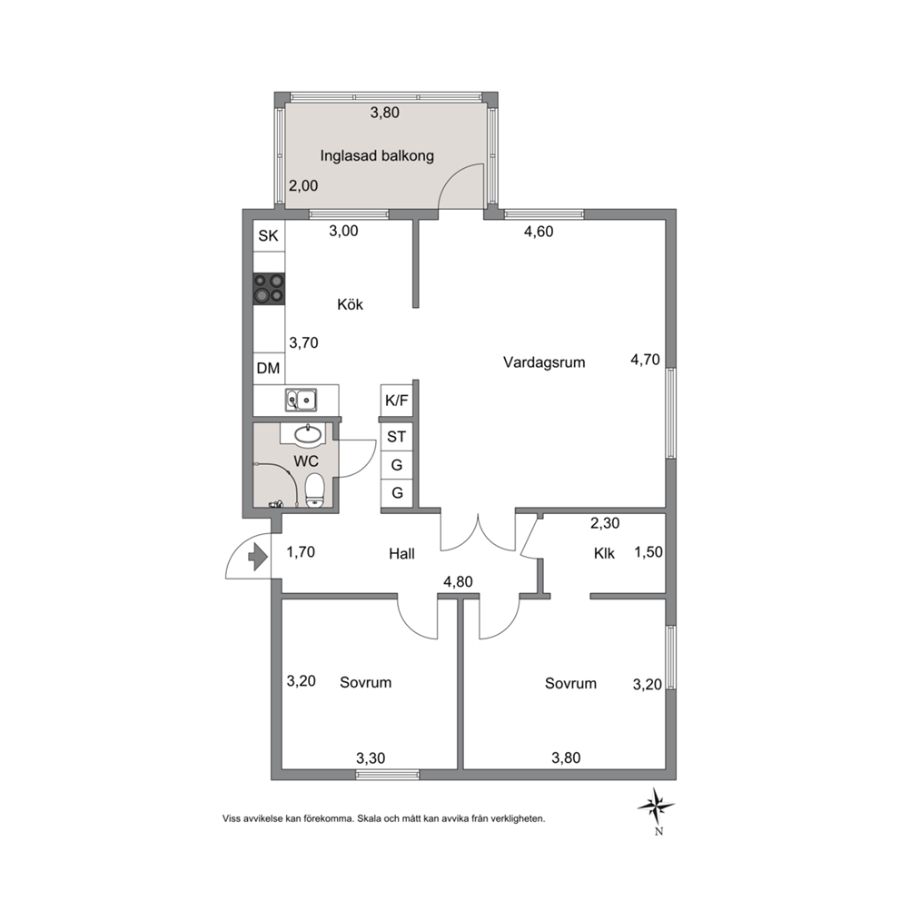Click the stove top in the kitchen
coord(269,288)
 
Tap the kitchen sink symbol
coord(302,400)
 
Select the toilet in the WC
coord(314,490)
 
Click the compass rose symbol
coord(656,807)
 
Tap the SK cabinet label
coord(268,235)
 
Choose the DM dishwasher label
coord(268,368)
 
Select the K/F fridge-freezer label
coord(397,401)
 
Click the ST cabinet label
coord(397,437)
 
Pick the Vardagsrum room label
coord(544,362)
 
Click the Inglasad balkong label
coord(377,155)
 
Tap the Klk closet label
coord(605,553)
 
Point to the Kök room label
coord(350,304)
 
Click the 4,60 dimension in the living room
coord(539,232)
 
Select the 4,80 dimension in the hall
coord(458,581)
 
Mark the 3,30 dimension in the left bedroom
coord(371,758)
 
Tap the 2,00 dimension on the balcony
coord(303,186)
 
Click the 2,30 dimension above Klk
coord(605,523)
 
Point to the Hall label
coord(401,554)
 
